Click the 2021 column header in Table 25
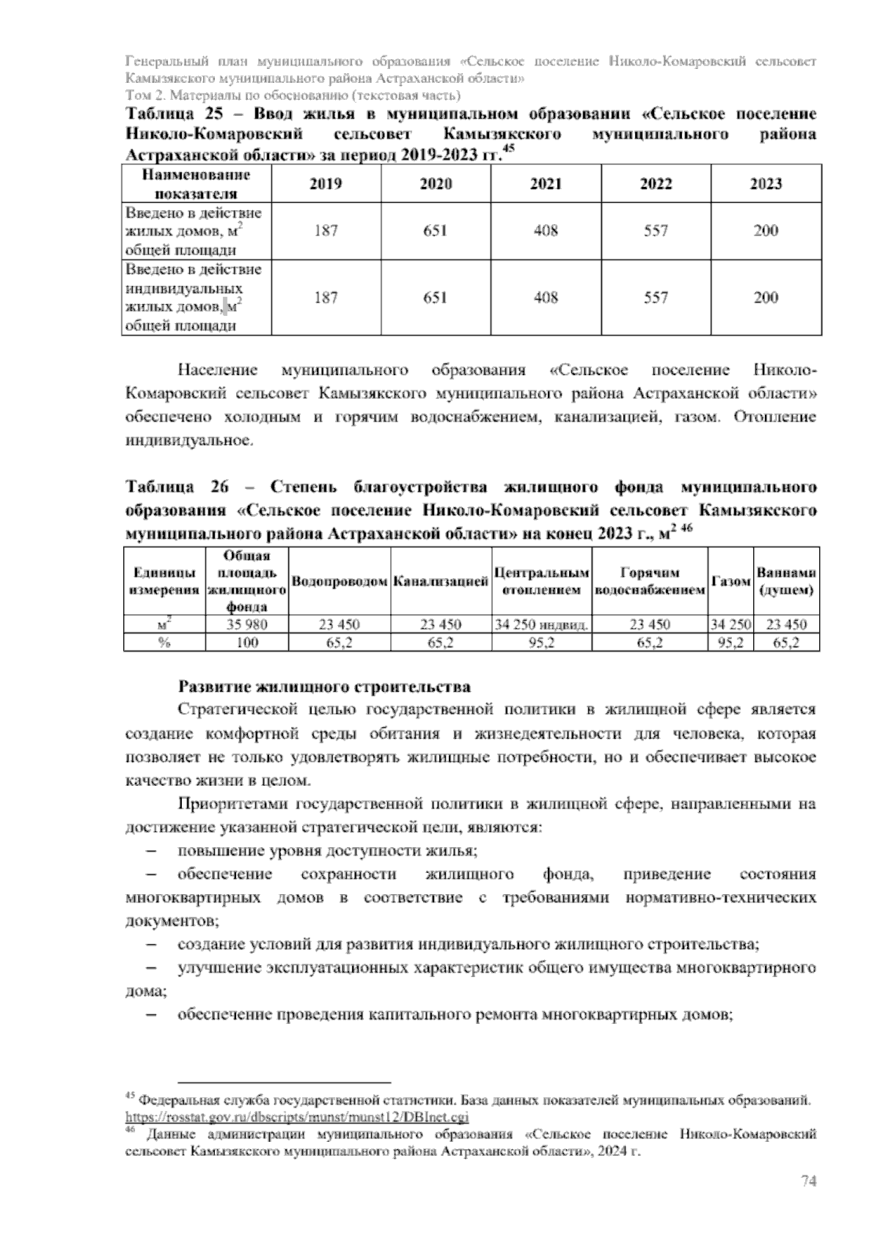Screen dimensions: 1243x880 coord(546,184)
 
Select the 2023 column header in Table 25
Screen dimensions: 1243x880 coord(766,184)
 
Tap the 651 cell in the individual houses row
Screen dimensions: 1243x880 coord(436,298)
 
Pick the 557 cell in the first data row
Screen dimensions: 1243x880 coord(656,231)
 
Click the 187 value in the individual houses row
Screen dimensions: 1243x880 coord(326,298)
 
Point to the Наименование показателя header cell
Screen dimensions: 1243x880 coord(196,184)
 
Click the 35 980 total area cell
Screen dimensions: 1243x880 coord(246,624)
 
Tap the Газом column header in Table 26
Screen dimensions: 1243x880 coord(730,581)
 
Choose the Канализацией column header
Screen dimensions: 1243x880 coord(441,582)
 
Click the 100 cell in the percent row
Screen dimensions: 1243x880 coord(246,643)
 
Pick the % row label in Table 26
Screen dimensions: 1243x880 coord(164,643)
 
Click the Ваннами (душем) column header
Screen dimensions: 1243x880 coord(787,581)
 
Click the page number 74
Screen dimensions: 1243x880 coord(808,1181)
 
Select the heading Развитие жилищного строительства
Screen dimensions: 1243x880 coord(324,687)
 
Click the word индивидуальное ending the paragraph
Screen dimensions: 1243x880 coord(188,441)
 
